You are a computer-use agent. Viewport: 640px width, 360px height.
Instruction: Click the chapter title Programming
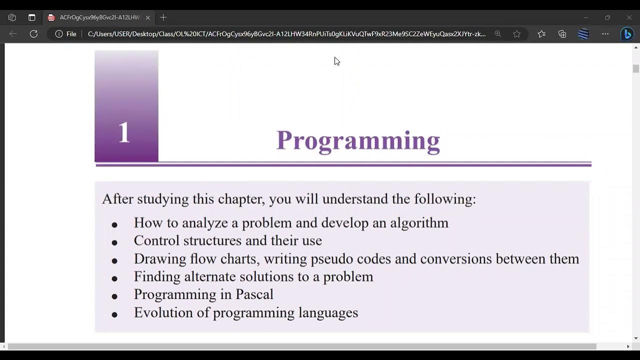358,140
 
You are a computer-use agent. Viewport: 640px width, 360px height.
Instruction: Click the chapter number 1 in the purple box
124,133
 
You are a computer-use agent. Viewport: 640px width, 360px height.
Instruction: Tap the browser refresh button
33,34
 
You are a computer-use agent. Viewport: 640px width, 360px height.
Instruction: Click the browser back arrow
13,34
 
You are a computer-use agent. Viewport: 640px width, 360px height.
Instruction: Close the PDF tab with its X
147,17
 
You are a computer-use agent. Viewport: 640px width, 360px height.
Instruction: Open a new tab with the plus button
163,17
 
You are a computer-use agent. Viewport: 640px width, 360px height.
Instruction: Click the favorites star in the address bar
516,34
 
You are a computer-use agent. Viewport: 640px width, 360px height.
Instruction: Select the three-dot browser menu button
605,34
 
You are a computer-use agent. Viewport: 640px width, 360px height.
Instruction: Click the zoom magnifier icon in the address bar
497,34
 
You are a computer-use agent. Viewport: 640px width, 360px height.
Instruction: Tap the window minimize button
586,17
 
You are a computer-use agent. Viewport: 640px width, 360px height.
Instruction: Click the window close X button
629,17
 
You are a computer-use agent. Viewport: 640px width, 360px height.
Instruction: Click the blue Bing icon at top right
626,34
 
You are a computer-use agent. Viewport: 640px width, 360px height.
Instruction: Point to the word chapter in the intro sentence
241,199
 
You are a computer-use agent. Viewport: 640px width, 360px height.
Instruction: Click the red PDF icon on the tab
51,17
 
